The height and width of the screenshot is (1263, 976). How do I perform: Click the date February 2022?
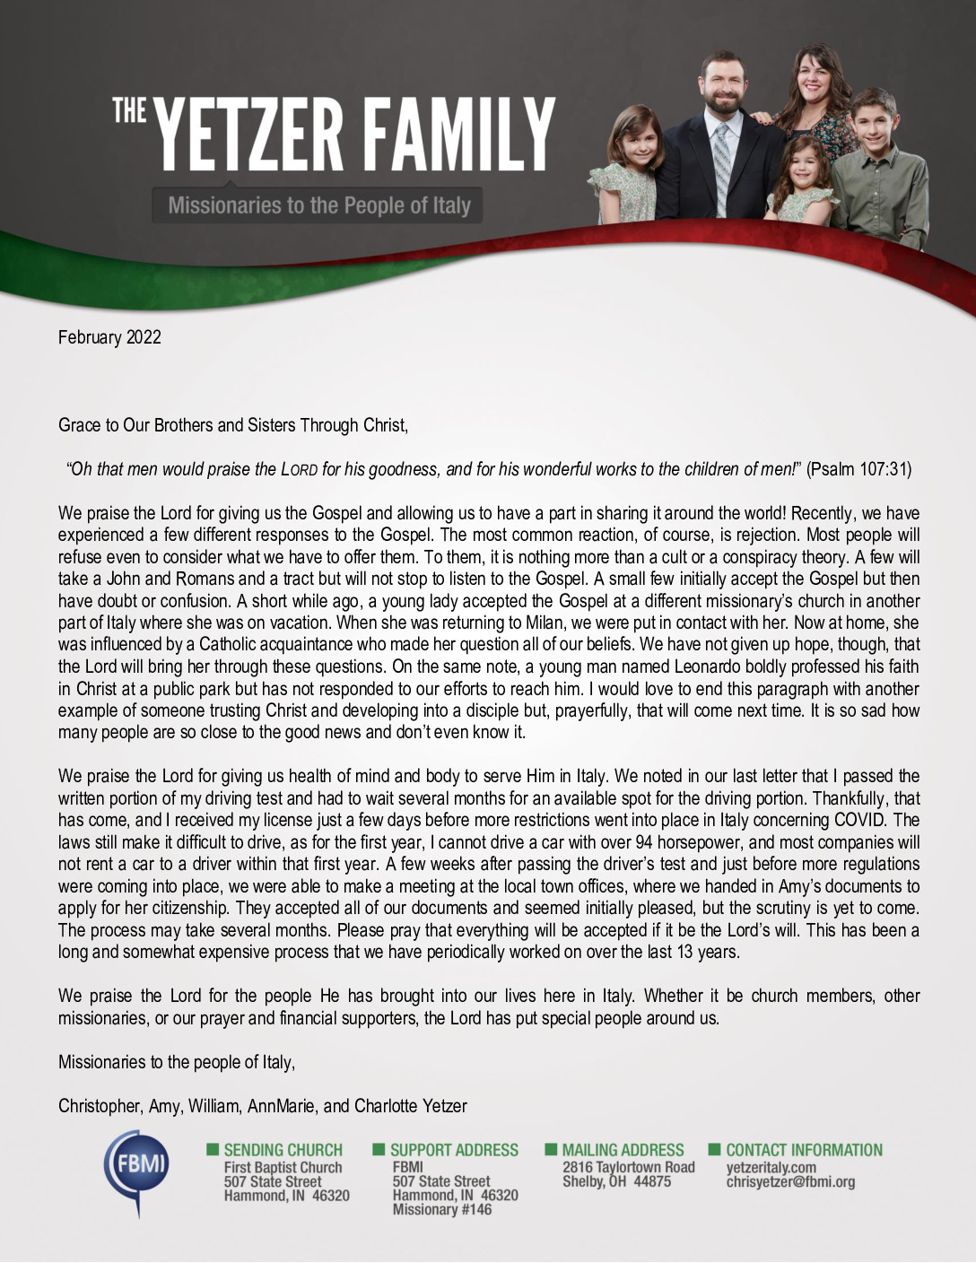(x=109, y=337)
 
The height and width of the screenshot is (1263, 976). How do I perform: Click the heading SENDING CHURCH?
(x=283, y=1150)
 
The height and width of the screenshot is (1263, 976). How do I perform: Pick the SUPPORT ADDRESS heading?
(x=454, y=1150)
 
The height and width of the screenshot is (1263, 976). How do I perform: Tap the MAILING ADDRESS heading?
(x=623, y=1150)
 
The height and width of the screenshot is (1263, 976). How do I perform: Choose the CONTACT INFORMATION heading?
(x=804, y=1150)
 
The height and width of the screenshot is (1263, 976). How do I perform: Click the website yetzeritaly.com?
(x=771, y=1167)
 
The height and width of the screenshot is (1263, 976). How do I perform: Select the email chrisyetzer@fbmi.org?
(x=789, y=1181)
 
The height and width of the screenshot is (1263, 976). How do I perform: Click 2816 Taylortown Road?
(x=628, y=1167)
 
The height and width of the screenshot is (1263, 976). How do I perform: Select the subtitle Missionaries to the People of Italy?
(x=318, y=205)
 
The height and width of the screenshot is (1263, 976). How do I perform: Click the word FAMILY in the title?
(x=458, y=136)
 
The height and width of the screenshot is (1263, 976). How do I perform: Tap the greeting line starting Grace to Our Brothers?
(x=233, y=425)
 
